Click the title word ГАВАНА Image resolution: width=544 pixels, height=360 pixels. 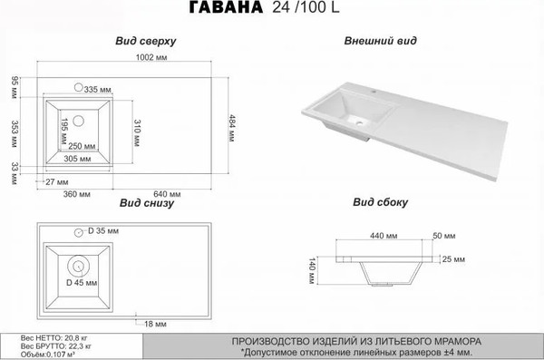point(227,10)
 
